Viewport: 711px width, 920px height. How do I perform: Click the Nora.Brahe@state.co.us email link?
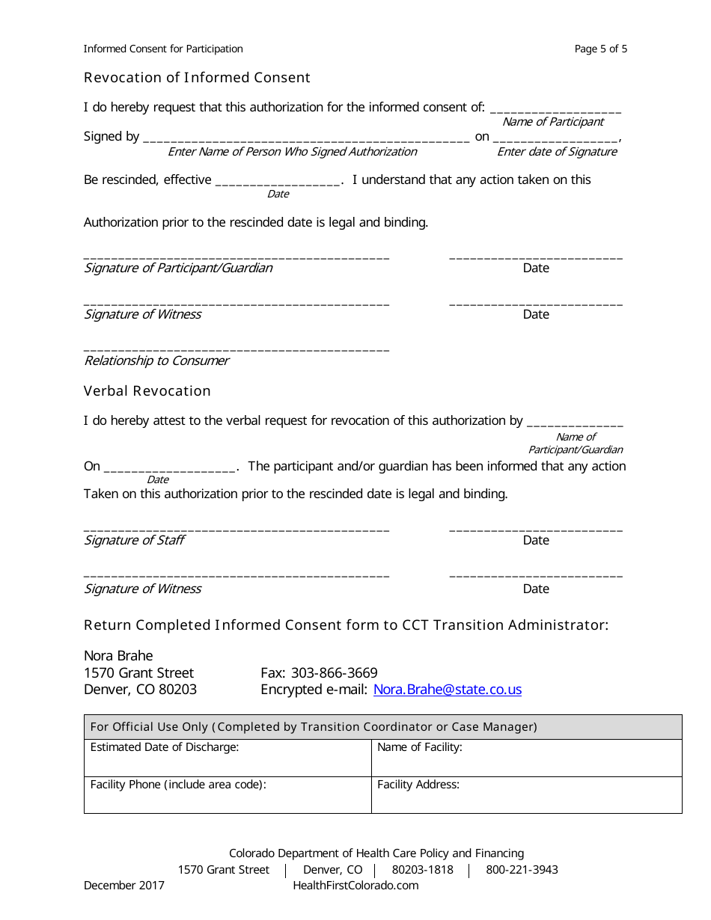[x=447, y=690]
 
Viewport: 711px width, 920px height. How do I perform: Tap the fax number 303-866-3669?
[x=334, y=672]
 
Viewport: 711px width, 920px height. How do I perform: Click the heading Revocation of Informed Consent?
[x=197, y=78]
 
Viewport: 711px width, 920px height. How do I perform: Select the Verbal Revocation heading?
[x=147, y=391]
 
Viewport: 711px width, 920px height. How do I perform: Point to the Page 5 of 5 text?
[x=600, y=49]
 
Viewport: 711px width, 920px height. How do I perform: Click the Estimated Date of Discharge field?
[x=228, y=758]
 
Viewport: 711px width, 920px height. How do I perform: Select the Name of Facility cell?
[x=526, y=758]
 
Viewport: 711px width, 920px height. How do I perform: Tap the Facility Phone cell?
[x=228, y=794]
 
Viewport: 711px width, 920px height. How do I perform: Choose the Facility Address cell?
[x=526, y=794]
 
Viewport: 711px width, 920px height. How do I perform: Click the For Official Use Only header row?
[x=382, y=727]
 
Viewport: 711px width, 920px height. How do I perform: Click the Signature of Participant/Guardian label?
[x=178, y=268]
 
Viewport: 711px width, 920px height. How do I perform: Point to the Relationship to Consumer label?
[x=156, y=361]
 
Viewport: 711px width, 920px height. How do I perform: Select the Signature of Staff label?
[x=134, y=540]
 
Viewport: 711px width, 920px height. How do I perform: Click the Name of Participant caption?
[x=552, y=122]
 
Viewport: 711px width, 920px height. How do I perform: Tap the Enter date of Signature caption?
[x=557, y=152]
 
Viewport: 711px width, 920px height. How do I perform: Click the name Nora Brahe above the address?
[x=118, y=656]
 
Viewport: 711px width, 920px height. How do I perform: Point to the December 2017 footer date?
[x=124, y=886]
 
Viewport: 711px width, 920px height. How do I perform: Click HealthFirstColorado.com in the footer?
[x=355, y=886]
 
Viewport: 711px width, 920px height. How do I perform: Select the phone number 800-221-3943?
[x=522, y=870]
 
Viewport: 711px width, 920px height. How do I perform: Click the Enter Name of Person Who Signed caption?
[x=292, y=152]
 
